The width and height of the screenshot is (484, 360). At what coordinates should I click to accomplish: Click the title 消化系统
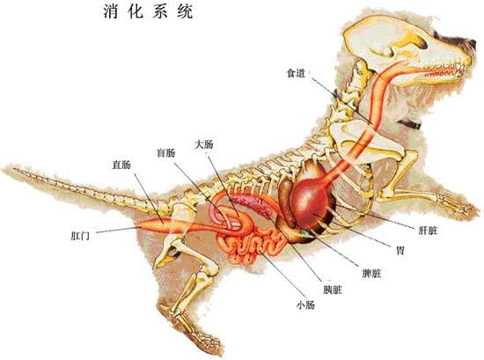tap(148, 11)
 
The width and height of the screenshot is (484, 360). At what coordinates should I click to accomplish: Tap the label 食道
tap(296, 73)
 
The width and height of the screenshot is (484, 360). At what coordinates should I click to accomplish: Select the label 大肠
tap(204, 144)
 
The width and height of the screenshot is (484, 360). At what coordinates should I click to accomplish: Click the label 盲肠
tap(166, 152)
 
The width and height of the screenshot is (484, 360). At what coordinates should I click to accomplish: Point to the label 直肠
tap(121, 165)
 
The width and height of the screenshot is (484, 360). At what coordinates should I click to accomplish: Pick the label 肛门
tap(80, 236)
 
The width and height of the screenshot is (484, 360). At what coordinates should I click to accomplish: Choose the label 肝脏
tap(428, 231)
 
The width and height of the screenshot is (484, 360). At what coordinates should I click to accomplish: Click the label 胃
tap(400, 250)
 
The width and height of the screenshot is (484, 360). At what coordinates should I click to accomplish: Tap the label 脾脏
tap(371, 273)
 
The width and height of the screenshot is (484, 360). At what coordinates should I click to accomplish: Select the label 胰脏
tap(333, 290)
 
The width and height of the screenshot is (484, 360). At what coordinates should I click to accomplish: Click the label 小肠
tap(305, 305)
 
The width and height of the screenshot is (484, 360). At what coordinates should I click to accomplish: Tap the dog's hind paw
tap(207, 340)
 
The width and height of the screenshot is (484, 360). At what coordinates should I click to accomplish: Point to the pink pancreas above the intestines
tap(250, 204)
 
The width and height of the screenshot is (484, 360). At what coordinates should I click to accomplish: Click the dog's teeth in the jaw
tap(444, 69)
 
